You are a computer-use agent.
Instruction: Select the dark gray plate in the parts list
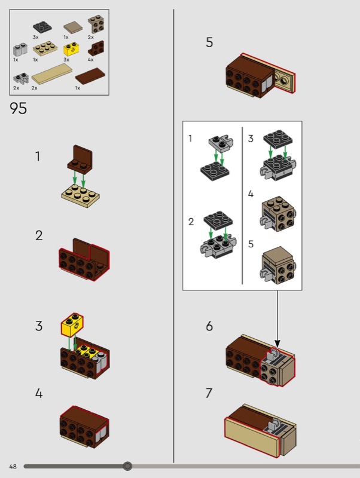coord(41,27)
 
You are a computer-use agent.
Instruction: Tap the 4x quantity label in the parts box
coord(91,60)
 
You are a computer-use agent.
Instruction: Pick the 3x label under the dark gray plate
coord(36,37)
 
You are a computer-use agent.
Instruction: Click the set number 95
coord(19,109)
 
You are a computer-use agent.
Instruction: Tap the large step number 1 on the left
coord(38,157)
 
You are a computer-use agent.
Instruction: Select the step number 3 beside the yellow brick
coord(39,326)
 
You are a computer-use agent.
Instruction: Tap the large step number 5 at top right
coord(209,42)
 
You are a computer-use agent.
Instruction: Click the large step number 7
coord(209,393)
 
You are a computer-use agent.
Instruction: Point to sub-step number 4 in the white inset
coord(251,194)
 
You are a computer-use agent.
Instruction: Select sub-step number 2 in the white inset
coord(191,222)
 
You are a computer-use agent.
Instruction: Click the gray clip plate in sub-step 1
coord(220,142)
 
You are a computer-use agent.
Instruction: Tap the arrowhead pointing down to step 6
coord(277,343)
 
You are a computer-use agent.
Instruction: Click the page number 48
coord(13,466)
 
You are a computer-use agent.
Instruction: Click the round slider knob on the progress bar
coord(127,466)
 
